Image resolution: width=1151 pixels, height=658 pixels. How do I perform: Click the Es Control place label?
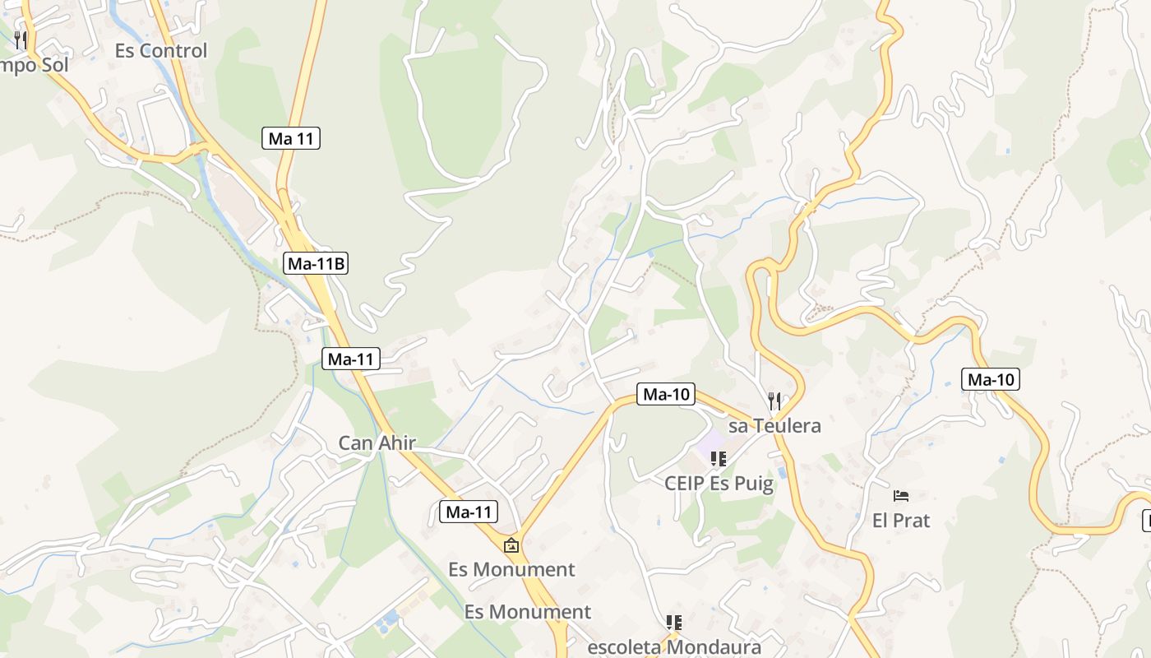point(161,50)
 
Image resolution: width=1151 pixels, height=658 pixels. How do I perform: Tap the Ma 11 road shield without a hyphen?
point(292,138)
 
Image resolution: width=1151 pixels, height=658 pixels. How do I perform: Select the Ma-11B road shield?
point(317,263)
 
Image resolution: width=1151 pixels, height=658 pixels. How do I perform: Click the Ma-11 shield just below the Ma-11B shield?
point(351,359)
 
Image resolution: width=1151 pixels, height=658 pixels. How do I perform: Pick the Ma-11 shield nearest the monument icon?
point(469,512)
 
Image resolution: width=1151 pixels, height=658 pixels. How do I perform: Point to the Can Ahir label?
point(377,443)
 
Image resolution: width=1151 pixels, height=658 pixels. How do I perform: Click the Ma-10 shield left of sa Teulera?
point(666,394)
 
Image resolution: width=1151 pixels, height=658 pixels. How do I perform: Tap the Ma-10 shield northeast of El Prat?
point(991,379)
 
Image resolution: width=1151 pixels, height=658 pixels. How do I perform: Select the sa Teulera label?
point(774,426)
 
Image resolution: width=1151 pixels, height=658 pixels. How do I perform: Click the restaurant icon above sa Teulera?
point(774,401)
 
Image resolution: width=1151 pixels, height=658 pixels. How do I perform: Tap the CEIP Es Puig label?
point(719,483)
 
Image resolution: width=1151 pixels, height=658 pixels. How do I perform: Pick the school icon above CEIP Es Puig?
point(719,459)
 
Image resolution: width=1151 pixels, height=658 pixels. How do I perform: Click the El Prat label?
point(901,521)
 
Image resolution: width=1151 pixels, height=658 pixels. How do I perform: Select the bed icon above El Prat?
point(901,496)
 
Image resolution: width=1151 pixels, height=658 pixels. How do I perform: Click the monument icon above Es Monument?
point(511,544)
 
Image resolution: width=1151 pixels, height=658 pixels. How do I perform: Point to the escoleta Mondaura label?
point(674,646)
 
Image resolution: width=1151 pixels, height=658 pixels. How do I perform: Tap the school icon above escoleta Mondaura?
point(674,623)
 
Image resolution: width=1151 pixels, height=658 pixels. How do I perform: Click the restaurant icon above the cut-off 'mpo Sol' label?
point(21,39)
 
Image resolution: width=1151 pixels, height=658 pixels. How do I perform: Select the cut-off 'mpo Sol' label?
point(34,65)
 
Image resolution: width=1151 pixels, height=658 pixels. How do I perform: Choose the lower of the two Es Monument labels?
point(528,612)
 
